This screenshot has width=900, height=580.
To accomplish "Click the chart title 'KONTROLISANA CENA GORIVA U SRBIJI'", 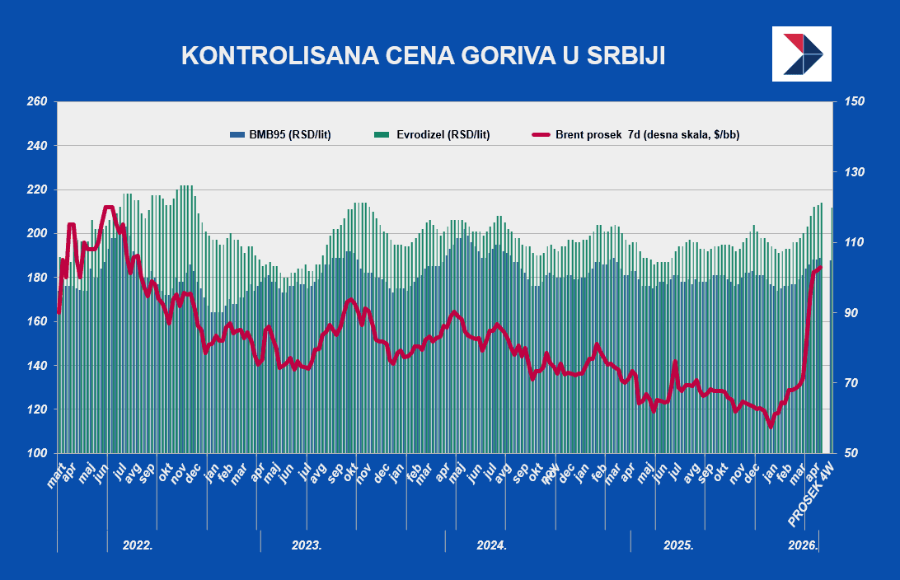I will pos(423,55).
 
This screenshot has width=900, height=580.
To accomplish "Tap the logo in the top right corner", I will pos(802,54).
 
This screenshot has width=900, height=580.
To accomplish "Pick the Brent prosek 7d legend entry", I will pos(635,134).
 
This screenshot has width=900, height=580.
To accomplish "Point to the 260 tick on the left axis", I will pos(38,102).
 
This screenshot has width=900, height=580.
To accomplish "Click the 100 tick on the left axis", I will pos(38,453).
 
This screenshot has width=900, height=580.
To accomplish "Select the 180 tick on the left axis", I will pos(38,278).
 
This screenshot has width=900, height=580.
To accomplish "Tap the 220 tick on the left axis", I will pos(38,189).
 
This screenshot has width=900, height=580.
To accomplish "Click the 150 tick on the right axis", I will pos(854,102).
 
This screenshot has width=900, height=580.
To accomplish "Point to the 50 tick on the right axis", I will pos(851,453).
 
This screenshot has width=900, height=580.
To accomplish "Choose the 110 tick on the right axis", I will pos(854,242).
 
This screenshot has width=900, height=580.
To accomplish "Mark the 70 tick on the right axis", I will pos(851,383).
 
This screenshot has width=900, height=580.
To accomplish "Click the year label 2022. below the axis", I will pos(138,545).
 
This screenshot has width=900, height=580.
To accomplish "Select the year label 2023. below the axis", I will pos(307,545).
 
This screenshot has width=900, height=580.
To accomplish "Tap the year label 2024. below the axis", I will pos(491,545).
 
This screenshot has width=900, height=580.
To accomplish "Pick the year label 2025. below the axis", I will pos(677,545).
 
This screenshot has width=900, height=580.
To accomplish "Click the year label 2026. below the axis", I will pos(803,545).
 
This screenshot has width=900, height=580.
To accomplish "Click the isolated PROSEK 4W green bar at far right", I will pos(832,330).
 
